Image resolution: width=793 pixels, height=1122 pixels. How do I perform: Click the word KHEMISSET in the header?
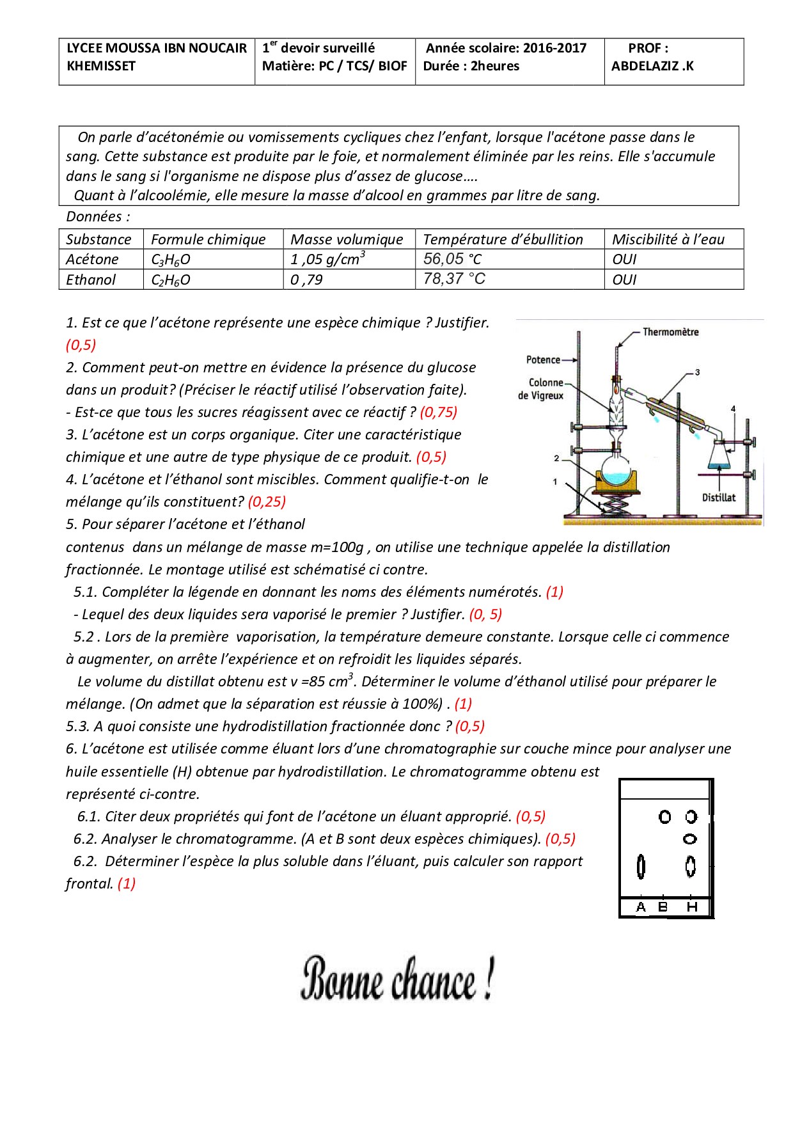click(x=101, y=66)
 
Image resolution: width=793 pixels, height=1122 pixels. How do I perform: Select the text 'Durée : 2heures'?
click(x=471, y=66)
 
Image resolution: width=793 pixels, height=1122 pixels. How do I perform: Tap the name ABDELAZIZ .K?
click(x=652, y=66)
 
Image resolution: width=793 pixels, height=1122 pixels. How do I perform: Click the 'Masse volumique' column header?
click(x=347, y=239)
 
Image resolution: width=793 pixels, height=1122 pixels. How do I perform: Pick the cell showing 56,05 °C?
click(x=452, y=259)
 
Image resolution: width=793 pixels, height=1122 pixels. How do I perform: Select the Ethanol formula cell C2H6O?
click(x=171, y=280)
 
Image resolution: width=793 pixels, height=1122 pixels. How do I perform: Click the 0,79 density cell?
click(x=306, y=280)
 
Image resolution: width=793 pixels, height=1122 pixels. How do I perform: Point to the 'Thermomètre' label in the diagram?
click(x=670, y=332)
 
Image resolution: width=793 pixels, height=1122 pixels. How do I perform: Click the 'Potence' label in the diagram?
click(x=543, y=360)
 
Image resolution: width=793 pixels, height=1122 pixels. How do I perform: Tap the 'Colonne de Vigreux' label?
click(x=542, y=389)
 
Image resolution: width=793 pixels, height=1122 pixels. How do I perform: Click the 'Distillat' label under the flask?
click(x=719, y=498)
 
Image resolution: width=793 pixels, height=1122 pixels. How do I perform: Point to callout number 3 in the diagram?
click(x=697, y=372)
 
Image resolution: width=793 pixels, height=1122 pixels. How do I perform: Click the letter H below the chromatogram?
click(x=692, y=906)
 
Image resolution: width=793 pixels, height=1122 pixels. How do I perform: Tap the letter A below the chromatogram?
click(x=641, y=906)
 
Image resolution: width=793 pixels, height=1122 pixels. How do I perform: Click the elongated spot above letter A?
click(x=641, y=867)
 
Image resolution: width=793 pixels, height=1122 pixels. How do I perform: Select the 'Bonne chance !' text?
click(x=397, y=979)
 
